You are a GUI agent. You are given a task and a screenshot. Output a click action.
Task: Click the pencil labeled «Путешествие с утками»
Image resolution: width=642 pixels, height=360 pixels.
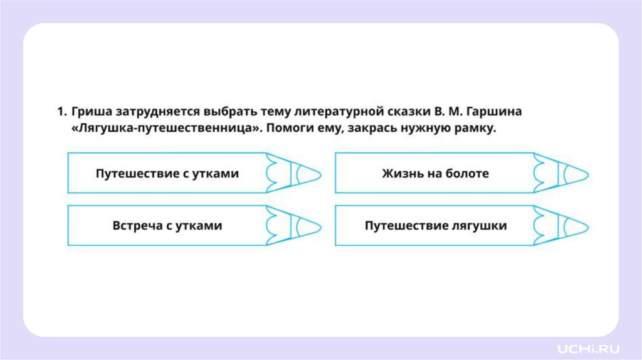pyautogui.click(x=167, y=173)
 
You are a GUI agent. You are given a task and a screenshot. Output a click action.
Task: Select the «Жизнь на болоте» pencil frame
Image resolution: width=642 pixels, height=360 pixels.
pyautogui.click(x=435, y=173)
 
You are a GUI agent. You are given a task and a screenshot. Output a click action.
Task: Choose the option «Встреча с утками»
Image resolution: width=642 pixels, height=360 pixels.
pyautogui.click(x=167, y=225)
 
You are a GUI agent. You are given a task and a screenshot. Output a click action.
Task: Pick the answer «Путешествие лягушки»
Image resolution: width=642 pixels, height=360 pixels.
pyautogui.click(x=435, y=225)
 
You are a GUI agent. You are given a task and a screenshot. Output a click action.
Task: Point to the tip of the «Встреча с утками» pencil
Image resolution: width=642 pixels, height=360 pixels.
pyautogui.click(x=307, y=225)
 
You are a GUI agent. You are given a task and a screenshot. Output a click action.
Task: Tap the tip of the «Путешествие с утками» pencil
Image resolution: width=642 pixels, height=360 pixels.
pyautogui.click(x=307, y=173)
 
